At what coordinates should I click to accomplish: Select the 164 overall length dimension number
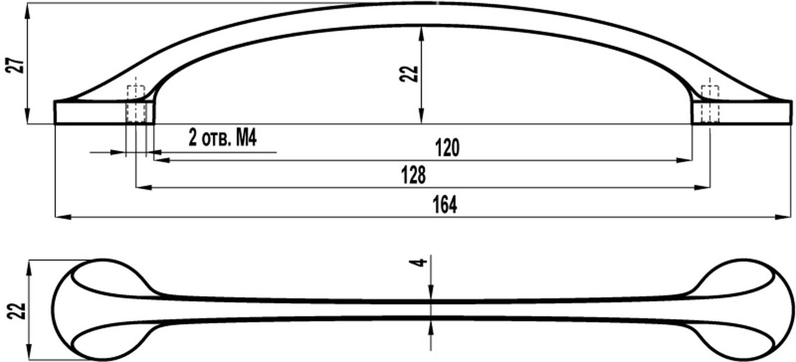(x=445, y=205)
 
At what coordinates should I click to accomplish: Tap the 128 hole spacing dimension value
(x=414, y=175)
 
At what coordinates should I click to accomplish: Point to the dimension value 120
(x=447, y=148)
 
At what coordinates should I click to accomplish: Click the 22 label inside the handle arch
(x=409, y=74)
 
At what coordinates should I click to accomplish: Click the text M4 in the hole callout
(x=246, y=137)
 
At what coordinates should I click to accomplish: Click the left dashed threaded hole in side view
(x=136, y=104)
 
